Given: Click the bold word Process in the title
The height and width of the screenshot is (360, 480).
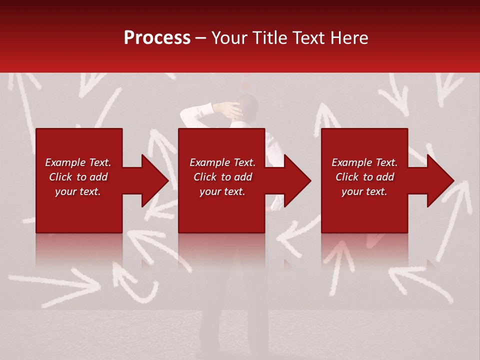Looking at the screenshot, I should pos(157,38).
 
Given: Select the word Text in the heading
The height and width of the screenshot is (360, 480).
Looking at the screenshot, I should pos(311,38).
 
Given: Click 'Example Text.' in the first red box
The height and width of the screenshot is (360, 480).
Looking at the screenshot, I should pos(78,162).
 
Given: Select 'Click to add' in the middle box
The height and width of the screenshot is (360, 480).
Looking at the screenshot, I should pos(222,177).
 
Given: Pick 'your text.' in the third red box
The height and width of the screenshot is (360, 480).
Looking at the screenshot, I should pos(364,191).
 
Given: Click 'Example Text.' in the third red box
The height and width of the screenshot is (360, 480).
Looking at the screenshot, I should pos(364,162).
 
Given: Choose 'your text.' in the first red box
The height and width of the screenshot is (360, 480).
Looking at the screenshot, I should pos(78,191).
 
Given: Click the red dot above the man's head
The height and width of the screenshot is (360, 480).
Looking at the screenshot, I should pos(245,86).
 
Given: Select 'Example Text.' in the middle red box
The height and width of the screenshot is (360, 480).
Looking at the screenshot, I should pos(222,162).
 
